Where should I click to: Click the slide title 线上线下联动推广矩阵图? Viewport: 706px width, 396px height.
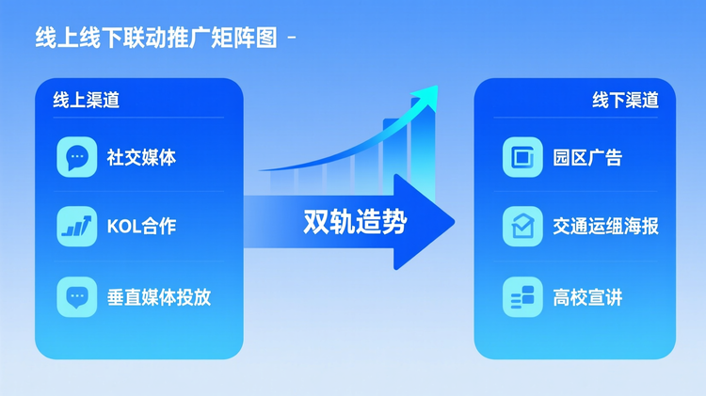pos(155,39)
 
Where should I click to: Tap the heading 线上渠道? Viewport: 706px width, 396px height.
pos(86,100)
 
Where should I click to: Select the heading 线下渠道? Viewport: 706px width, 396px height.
pos(625,100)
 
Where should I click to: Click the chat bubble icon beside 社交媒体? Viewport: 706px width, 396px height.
pos(77,157)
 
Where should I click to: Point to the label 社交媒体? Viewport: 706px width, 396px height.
pos(141,158)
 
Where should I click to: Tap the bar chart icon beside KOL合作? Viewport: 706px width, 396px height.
pos(77,226)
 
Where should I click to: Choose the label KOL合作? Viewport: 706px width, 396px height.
pos(141,227)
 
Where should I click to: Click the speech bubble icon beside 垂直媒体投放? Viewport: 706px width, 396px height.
pos(77,297)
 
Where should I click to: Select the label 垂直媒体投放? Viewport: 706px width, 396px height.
pos(158,298)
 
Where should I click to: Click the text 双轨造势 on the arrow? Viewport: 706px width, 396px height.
pos(355,222)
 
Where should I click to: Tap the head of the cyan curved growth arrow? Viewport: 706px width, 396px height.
pos(429,93)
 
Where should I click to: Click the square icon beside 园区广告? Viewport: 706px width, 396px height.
pos(522,157)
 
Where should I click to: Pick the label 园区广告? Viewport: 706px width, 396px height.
pos(587,158)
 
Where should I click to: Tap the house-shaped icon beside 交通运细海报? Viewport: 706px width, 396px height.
pos(522,226)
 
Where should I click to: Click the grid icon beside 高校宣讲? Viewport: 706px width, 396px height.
pos(522,297)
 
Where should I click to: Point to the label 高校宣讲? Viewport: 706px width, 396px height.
pos(587,298)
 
